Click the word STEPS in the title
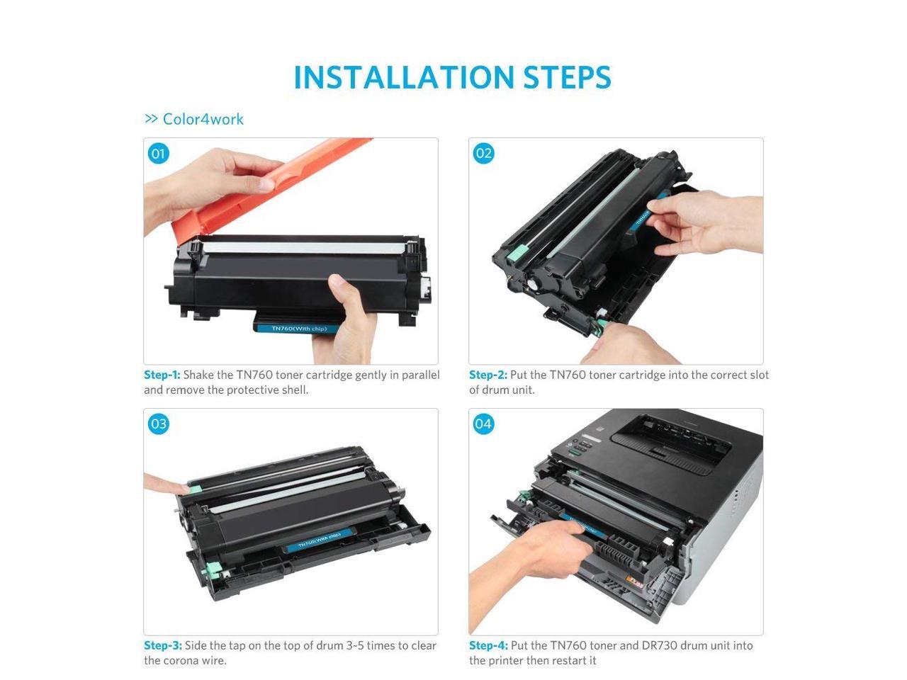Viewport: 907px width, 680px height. click(567, 77)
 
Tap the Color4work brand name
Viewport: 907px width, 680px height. click(203, 119)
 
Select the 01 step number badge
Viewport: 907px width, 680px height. click(158, 154)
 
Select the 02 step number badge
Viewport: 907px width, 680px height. click(483, 154)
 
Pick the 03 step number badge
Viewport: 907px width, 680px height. click(158, 424)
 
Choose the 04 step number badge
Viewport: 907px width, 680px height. click(483, 424)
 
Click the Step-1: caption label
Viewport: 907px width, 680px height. click(162, 375)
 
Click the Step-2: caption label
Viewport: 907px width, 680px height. click(488, 375)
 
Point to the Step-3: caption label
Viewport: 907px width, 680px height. click(163, 645)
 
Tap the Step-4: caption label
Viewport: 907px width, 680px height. click(488, 645)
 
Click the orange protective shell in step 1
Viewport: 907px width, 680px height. click(264, 186)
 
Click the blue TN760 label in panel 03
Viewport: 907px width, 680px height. click(320, 540)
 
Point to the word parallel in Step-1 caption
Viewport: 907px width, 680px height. click(421, 375)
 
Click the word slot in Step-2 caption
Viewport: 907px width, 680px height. click(760, 375)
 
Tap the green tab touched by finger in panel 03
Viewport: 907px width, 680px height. click(195, 489)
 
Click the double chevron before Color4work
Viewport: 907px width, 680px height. click(151, 119)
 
